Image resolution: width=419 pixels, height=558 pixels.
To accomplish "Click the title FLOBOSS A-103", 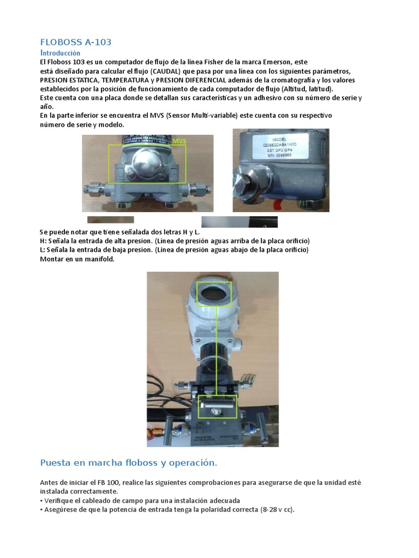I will pyautogui.click(x=76, y=42).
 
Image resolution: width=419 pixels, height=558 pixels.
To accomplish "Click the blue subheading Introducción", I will pyautogui.click(x=60, y=53).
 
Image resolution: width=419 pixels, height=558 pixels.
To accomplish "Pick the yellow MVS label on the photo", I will pyautogui.click(x=179, y=141).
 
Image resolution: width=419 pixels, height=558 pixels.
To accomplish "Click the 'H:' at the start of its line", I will pyautogui.click(x=43, y=241).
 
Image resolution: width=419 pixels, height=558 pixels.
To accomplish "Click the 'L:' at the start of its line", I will pyautogui.click(x=43, y=250).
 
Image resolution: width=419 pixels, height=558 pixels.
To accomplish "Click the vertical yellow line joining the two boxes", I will pyautogui.click(x=217, y=349).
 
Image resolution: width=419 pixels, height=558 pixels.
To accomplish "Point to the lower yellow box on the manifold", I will pyautogui.click(x=217, y=406).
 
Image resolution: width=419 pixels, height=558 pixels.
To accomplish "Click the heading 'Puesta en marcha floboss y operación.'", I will pyautogui.click(x=129, y=463).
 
